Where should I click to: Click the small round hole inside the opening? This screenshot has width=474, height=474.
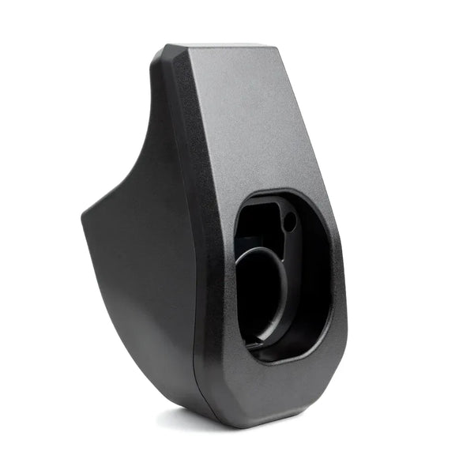pyautogui.click(x=289, y=221)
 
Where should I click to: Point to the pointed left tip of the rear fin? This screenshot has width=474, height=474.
pyautogui.click(x=82, y=213)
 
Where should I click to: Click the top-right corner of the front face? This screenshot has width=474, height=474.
pyautogui.click(x=278, y=48)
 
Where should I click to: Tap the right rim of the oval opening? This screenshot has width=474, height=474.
pyautogui.click(x=332, y=276)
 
